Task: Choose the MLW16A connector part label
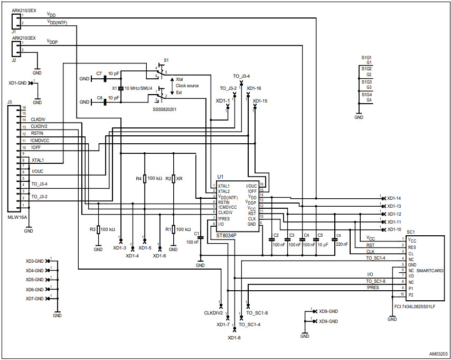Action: pyautogui.click(x=17, y=217)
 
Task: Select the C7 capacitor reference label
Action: pyautogui.click(x=99, y=73)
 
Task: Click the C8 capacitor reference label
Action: pyautogui.click(x=99, y=98)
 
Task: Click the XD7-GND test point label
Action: pyautogui.click(x=35, y=299)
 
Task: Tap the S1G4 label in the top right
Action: pyautogui.click(x=366, y=94)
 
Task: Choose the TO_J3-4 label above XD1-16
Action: pyautogui.click(x=241, y=76)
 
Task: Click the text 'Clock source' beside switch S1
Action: pyautogui.click(x=187, y=86)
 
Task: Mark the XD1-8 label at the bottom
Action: pyautogui.click(x=234, y=337)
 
